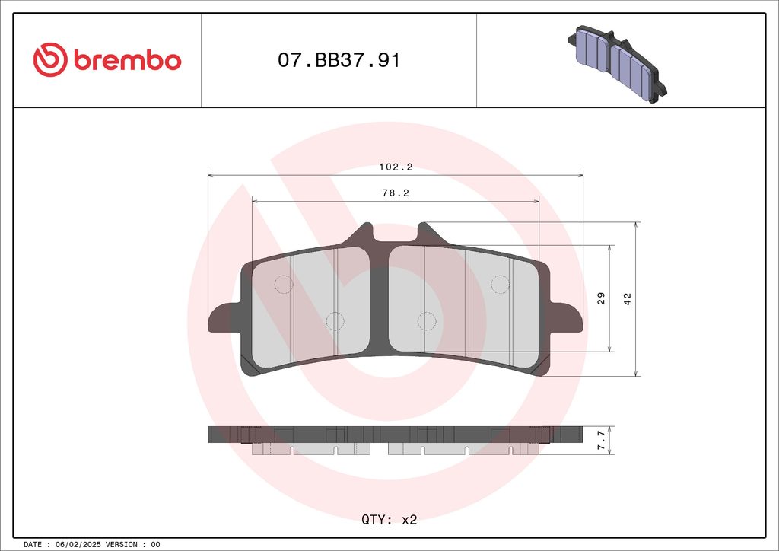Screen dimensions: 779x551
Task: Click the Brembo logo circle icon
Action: click(x=50, y=59)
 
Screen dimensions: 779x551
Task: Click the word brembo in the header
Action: click(x=128, y=60)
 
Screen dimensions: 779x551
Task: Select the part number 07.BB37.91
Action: click(x=339, y=60)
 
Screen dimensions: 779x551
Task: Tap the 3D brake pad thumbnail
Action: click(x=617, y=64)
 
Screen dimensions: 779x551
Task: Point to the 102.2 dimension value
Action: click(x=396, y=167)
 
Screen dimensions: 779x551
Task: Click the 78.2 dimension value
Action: click(x=396, y=193)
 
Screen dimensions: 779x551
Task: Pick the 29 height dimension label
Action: click(x=601, y=298)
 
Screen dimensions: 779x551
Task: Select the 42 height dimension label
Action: click(x=628, y=298)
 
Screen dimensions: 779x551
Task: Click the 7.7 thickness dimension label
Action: click(x=601, y=440)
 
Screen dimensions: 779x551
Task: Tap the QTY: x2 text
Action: click(x=389, y=520)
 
